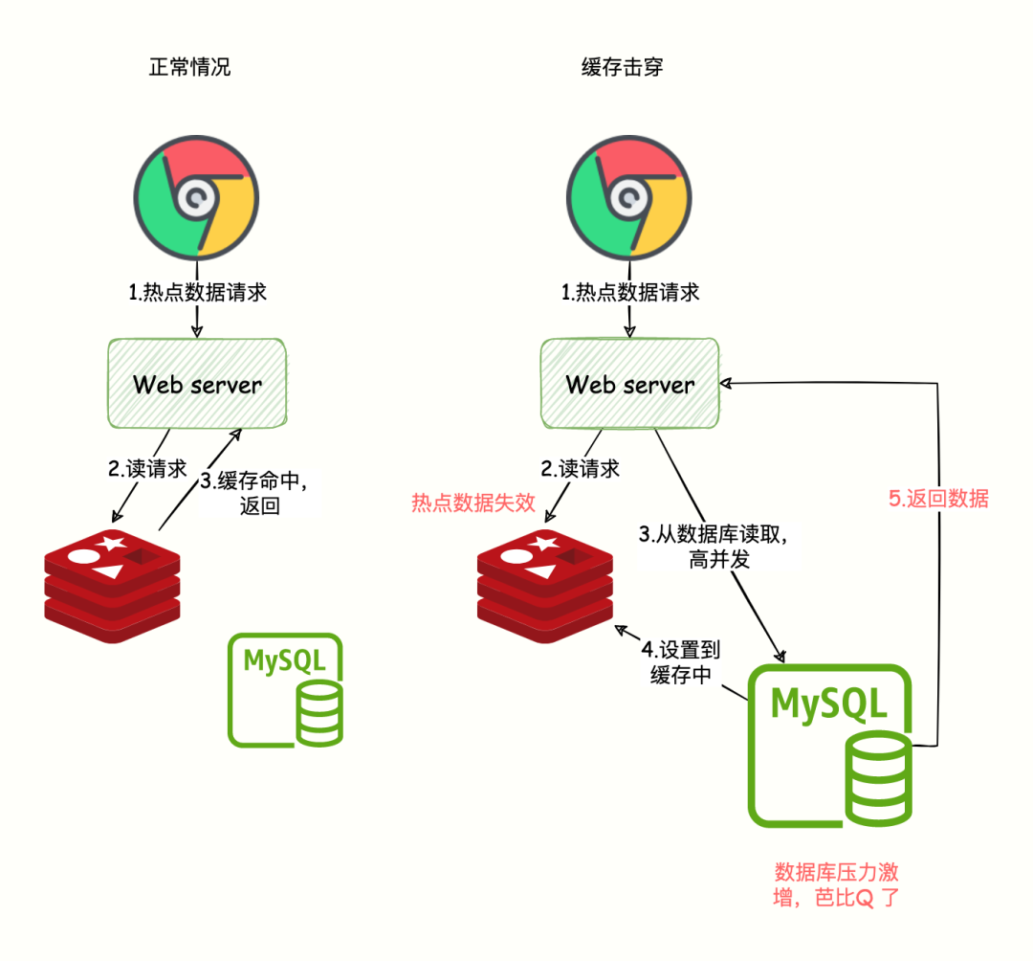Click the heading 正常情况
[189, 68]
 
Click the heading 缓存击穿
[623, 68]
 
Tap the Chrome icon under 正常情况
[196, 199]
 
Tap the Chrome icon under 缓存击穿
[629, 199]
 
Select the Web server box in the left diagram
[197, 383]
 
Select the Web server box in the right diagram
[630, 383]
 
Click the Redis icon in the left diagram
[114, 584]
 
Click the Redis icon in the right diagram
[546, 584]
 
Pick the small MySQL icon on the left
[285, 689]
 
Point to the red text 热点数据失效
[473, 503]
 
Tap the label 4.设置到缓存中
[681, 661]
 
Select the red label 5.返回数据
[937, 499]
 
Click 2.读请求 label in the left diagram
[147, 469]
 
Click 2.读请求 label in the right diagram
[580, 469]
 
